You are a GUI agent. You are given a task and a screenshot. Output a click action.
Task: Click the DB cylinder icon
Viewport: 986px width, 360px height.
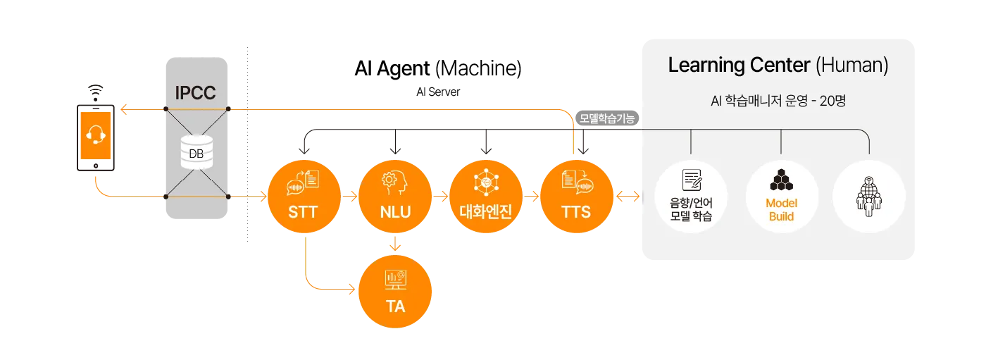pyautogui.click(x=196, y=152)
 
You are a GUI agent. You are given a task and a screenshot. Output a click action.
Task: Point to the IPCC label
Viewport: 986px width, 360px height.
pyautogui.click(x=195, y=93)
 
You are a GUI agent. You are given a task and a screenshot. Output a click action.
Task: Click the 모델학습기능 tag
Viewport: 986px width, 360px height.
pyautogui.click(x=607, y=118)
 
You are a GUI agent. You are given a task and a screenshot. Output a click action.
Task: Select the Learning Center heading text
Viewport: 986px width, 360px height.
pyautogui.click(x=739, y=66)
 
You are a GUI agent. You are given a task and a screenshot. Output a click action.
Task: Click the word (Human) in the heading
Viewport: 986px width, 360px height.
pyautogui.click(x=851, y=66)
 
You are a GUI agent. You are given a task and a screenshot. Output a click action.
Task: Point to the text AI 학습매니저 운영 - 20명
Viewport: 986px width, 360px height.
pyautogui.click(x=778, y=101)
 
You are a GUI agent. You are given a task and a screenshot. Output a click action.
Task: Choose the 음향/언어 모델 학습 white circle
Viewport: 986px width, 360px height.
pyautogui.click(x=691, y=197)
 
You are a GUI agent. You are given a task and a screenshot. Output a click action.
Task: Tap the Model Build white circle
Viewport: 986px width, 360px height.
pyautogui.click(x=781, y=197)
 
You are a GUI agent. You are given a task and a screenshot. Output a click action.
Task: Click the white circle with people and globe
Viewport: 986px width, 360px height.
pyautogui.click(x=868, y=197)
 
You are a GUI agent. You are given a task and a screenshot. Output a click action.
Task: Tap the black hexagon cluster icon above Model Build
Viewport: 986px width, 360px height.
pyautogui.click(x=781, y=180)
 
